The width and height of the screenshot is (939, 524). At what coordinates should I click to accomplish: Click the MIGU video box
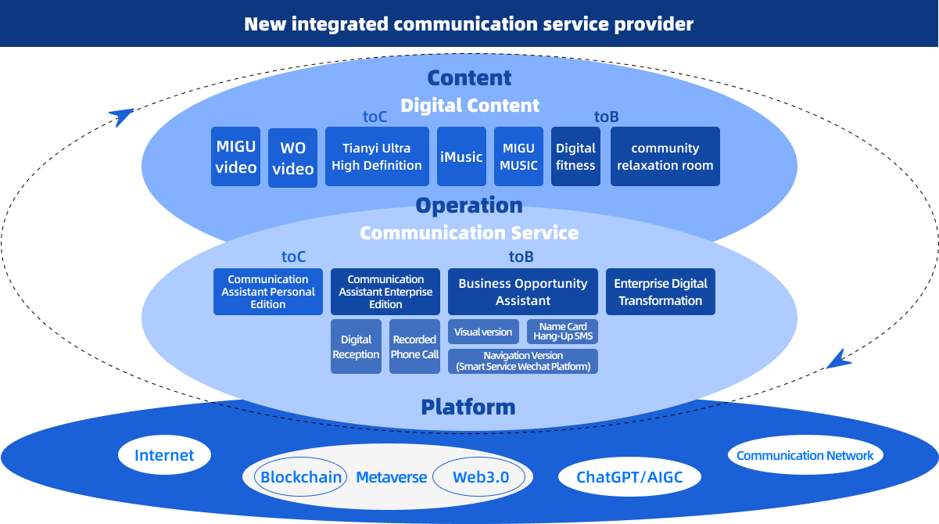(x=236, y=156)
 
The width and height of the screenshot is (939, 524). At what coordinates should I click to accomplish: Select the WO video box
(x=292, y=158)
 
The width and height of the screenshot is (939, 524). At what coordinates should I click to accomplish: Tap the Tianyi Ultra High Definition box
(x=377, y=156)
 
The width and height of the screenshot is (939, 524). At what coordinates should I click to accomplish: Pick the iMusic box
(x=461, y=156)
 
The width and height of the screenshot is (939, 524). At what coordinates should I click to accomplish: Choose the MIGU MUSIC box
(x=518, y=156)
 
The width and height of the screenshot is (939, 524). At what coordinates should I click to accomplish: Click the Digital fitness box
(x=575, y=156)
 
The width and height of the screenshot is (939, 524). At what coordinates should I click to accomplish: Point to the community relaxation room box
(x=665, y=156)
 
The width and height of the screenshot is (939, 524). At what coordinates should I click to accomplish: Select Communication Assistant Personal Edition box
(x=268, y=292)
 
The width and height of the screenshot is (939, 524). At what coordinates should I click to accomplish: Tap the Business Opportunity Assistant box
(x=523, y=292)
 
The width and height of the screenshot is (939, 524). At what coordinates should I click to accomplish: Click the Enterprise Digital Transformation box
(x=661, y=292)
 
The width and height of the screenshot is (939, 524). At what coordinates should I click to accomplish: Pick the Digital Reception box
(x=356, y=346)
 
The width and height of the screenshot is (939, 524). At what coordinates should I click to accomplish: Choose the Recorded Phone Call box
(x=414, y=346)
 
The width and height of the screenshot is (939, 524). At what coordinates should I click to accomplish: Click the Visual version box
(x=483, y=332)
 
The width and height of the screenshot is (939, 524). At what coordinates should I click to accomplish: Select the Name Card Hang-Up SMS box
(x=562, y=332)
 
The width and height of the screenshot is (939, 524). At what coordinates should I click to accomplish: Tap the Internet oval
(x=164, y=455)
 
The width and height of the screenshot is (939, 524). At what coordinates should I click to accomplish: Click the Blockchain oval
(x=301, y=477)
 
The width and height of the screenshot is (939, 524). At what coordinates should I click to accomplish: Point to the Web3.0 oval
(x=481, y=477)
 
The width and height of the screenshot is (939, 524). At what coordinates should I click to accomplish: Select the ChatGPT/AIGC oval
(x=629, y=477)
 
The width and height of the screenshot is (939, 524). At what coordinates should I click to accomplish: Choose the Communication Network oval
(x=805, y=455)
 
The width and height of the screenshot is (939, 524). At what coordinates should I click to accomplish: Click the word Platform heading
(x=468, y=407)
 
